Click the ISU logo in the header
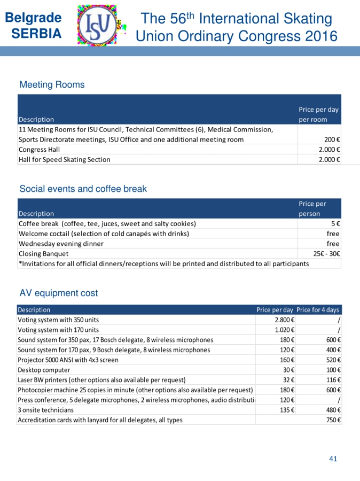click(x=101, y=25)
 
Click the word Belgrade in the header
click(x=33, y=17)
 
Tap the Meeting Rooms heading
click(x=52, y=84)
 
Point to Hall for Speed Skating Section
click(x=64, y=159)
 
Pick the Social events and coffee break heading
click(x=83, y=189)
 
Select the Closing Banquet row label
click(x=43, y=253)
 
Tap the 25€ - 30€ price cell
click(x=327, y=253)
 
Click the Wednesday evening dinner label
click(x=61, y=243)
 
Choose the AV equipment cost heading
click(x=59, y=293)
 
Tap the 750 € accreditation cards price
click(x=333, y=420)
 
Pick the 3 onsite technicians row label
click(x=46, y=410)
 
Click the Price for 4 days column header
click(x=318, y=310)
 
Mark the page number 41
click(x=333, y=459)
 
